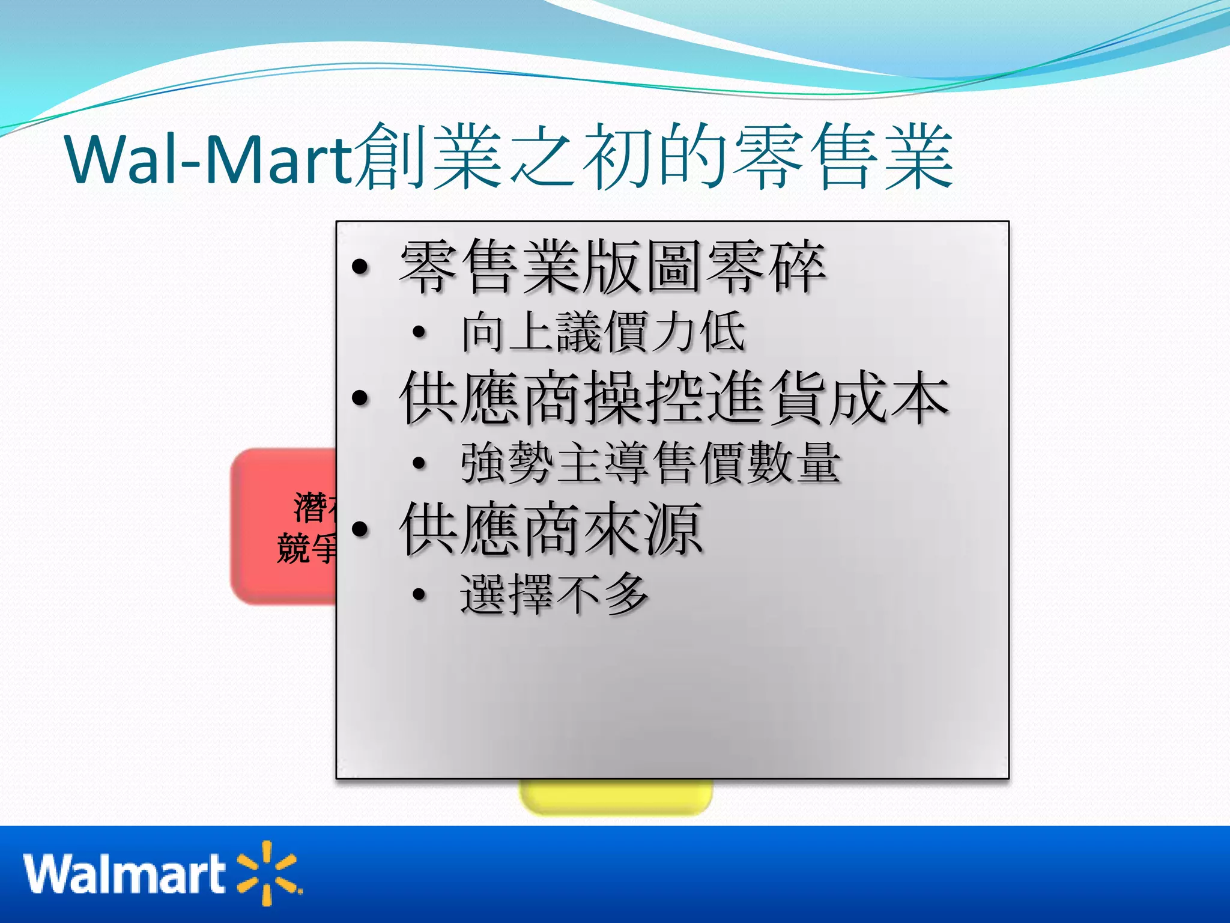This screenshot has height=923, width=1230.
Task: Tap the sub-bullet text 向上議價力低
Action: [603, 332]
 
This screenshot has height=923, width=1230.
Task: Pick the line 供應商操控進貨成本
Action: [674, 398]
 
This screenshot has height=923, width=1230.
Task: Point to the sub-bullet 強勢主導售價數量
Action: [650, 463]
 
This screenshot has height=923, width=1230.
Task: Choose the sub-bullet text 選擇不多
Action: [554, 594]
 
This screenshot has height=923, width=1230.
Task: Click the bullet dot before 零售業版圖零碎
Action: [360, 266]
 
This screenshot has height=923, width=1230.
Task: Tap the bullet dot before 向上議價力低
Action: [419, 332]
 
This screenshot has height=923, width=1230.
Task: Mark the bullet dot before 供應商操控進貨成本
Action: [360, 398]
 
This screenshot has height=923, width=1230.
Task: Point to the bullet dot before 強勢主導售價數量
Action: [419, 463]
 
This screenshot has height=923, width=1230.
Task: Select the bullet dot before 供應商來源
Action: [360, 529]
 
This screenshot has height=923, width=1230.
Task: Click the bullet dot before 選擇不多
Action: [419, 594]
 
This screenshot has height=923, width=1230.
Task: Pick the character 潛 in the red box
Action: [309, 508]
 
